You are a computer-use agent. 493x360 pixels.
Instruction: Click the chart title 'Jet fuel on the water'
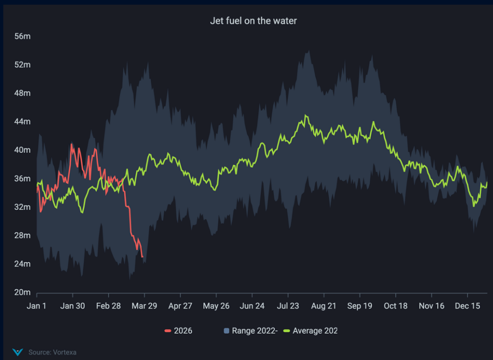tap(246, 21)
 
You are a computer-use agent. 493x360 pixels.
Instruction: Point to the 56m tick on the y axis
tap(22, 36)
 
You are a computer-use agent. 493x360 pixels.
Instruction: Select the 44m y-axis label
tap(22, 122)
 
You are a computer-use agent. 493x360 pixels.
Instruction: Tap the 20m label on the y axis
tap(22, 293)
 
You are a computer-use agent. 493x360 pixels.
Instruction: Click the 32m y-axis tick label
tap(22, 207)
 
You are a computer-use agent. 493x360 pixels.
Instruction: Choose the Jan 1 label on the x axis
tap(37, 306)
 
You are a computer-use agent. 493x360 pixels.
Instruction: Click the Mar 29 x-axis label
tap(144, 306)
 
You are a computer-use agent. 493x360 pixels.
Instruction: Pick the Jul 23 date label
tap(288, 306)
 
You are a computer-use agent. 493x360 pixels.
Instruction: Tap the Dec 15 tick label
tap(467, 306)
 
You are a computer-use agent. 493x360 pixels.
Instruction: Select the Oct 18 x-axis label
tap(396, 306)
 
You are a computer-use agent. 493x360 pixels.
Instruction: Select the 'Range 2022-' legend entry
tap(251, 331)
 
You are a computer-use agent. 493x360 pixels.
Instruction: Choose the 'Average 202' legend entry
tap(311, 331)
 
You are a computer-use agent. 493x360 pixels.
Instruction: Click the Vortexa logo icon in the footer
tap(18, 352)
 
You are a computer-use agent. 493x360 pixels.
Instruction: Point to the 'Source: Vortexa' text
tap(52, 352)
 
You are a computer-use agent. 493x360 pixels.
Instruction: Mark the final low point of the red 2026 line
tap(142, 257)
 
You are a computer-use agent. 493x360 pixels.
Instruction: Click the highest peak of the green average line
tap(305, 116)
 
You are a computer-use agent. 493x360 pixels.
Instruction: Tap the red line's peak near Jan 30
tap(72, 144)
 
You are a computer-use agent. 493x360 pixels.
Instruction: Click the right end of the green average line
tap(487, 182)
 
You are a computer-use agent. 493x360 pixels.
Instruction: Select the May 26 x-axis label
tap(216, 306)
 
